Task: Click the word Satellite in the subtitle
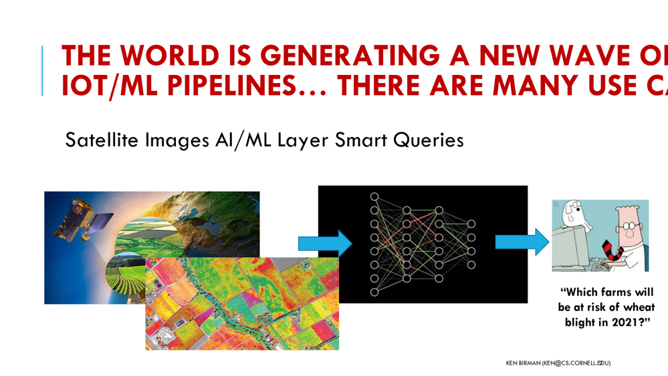click(99, 140)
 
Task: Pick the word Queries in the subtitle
click(429, 140)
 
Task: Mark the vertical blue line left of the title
click(43, 70)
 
